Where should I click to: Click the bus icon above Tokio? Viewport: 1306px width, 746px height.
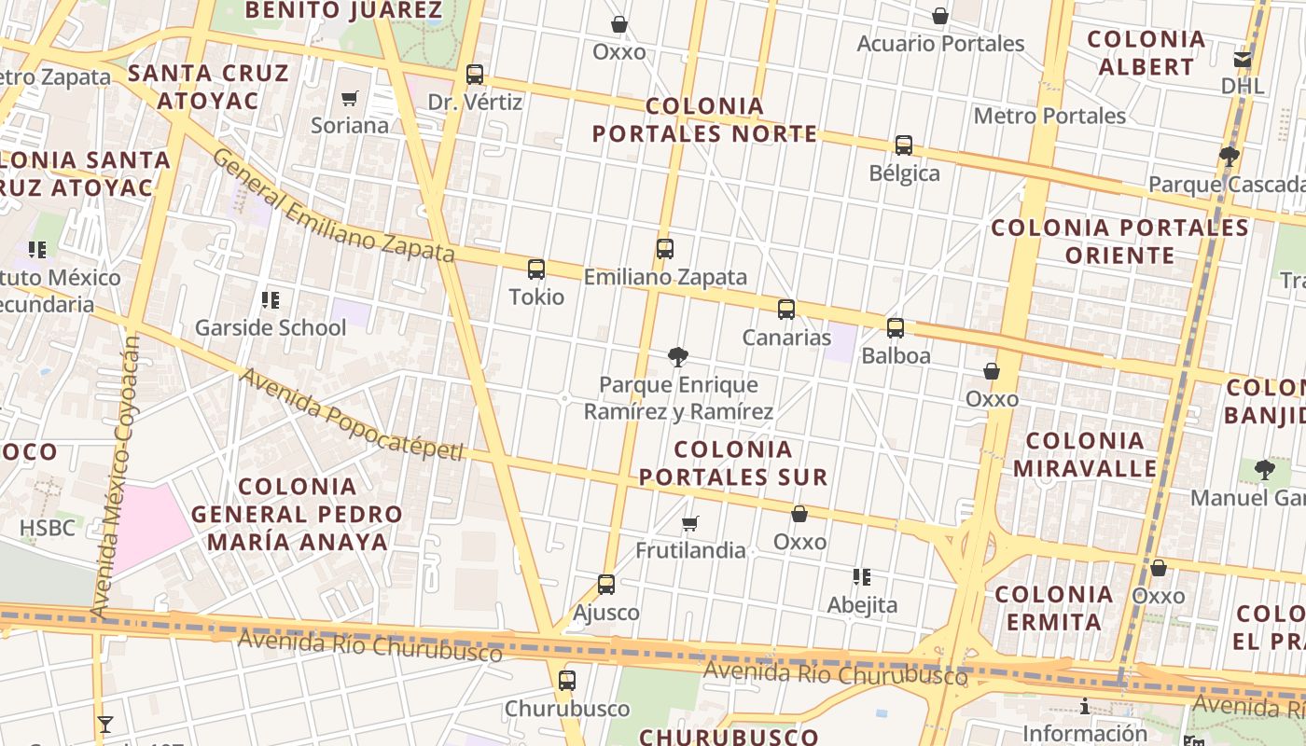pos(536,269)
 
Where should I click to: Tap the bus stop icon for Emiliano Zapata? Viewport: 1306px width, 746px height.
pos(665,249)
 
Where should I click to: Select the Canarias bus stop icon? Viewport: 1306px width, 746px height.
pos(786,310)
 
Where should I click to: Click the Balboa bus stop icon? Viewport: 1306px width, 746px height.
pos(896,327)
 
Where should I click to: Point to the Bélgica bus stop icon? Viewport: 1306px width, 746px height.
pos(904,145)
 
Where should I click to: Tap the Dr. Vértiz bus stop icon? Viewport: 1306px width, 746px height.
pos(475,75)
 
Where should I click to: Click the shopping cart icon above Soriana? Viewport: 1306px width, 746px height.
pos(350,98)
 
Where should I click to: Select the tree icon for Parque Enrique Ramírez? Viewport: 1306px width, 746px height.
pos(678,356)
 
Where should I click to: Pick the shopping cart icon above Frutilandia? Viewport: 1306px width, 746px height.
pos(690,523)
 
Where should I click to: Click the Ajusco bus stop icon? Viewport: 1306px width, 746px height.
pos(606,585)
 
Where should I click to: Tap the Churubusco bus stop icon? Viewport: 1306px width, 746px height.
pos(567,681)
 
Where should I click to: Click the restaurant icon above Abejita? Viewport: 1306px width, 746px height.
pos(862,577)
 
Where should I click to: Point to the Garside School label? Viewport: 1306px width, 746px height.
pos(271,327)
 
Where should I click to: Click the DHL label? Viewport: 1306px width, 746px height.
pos(1243,86)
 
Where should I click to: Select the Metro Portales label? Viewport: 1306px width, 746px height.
pos(1049,116)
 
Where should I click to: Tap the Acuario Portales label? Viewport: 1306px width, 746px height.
pos(940,44)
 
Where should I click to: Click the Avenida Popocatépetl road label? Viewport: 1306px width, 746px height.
pos(352,414)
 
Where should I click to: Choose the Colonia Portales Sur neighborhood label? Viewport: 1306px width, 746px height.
pos(732,463)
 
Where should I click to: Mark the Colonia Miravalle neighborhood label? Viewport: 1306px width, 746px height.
pos(1085,454)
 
